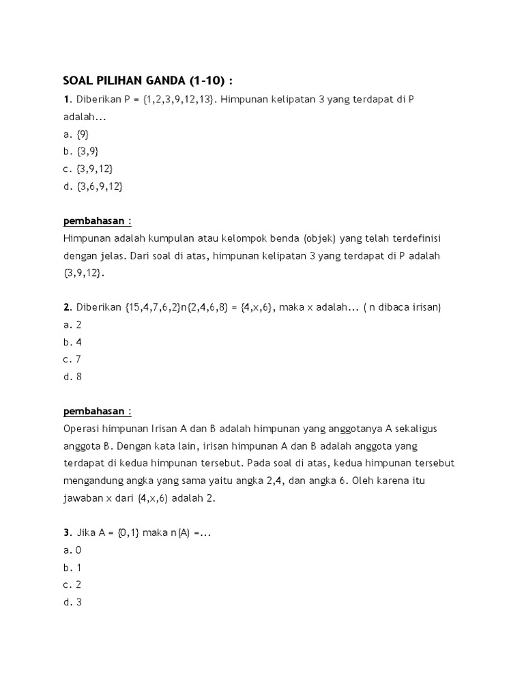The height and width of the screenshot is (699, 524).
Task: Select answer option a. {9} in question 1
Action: (76, 134)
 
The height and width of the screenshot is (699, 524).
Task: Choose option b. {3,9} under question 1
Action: (81, 152)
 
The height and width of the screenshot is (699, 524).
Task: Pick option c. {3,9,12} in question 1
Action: (88, 169)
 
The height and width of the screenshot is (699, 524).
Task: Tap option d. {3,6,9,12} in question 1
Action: (93, 186)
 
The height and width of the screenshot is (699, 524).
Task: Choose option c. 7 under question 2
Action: (72, 359)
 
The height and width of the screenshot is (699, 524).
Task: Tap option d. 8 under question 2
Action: (72, 376)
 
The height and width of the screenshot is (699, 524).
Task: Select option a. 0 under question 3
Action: (72, 550)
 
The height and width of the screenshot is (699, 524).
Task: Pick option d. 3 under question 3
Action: (72, 601)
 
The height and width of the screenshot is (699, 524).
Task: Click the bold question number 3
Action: (67, 532)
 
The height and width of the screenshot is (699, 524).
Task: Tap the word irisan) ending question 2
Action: (424, 307)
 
